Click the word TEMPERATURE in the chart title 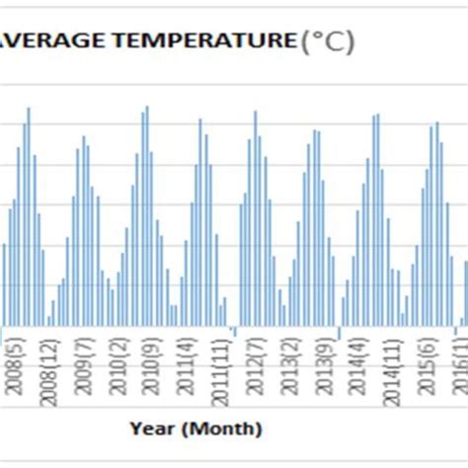(219, 40)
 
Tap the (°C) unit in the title (326, 41)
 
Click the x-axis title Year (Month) (195, 429)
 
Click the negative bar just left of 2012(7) (233, 330)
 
